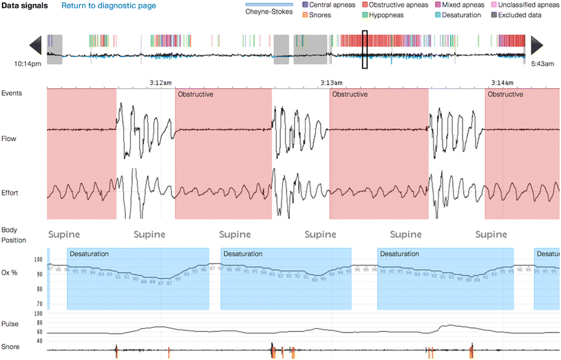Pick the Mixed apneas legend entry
click(x=468, y=5)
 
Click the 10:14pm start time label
click(x=28, y=64)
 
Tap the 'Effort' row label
click(x=10, y=193)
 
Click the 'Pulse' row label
click(x=10, y=323)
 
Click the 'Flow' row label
click(x=9, y=138)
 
